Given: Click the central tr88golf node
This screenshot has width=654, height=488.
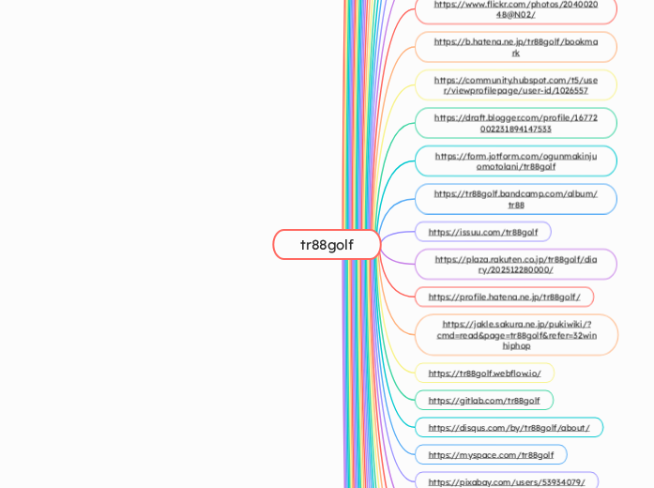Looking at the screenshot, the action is click(x=327, y=245).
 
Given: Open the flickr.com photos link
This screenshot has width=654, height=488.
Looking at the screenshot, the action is click(x=515, y=8).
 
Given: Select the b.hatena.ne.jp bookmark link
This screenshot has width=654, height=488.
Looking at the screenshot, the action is click(x=515, y=47).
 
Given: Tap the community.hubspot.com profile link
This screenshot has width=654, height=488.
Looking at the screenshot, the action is click(x=515, y=84).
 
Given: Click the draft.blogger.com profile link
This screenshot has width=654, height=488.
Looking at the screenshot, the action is click(x=515, y=123).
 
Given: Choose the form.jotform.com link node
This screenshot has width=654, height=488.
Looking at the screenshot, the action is click(x=515, y=160).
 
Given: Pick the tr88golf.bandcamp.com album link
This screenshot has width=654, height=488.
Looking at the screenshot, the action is click(x=515, y=199).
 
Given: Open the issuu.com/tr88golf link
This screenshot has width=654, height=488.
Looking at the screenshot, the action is click(x=482, y=232).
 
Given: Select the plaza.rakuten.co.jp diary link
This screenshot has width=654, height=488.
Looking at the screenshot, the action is click(x=515, y=264).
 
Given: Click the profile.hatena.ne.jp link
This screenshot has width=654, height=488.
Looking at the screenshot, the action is click(x=504, y=297).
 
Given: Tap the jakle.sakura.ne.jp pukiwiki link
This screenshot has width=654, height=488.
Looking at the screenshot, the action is click(x=516, y=334).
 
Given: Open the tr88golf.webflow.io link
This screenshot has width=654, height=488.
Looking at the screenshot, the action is click(x=484, y=373).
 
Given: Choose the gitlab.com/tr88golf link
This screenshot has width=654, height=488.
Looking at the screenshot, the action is click(x=483, y=400).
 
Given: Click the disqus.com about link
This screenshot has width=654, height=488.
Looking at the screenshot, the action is click(x=509, y=427).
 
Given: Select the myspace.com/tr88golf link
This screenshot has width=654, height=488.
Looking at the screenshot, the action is click(x=491, y=454).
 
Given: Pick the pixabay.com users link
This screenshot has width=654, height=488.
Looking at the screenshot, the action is click(x=506, y=481).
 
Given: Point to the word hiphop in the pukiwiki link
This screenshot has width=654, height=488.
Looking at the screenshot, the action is click(x=516, y=345).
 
